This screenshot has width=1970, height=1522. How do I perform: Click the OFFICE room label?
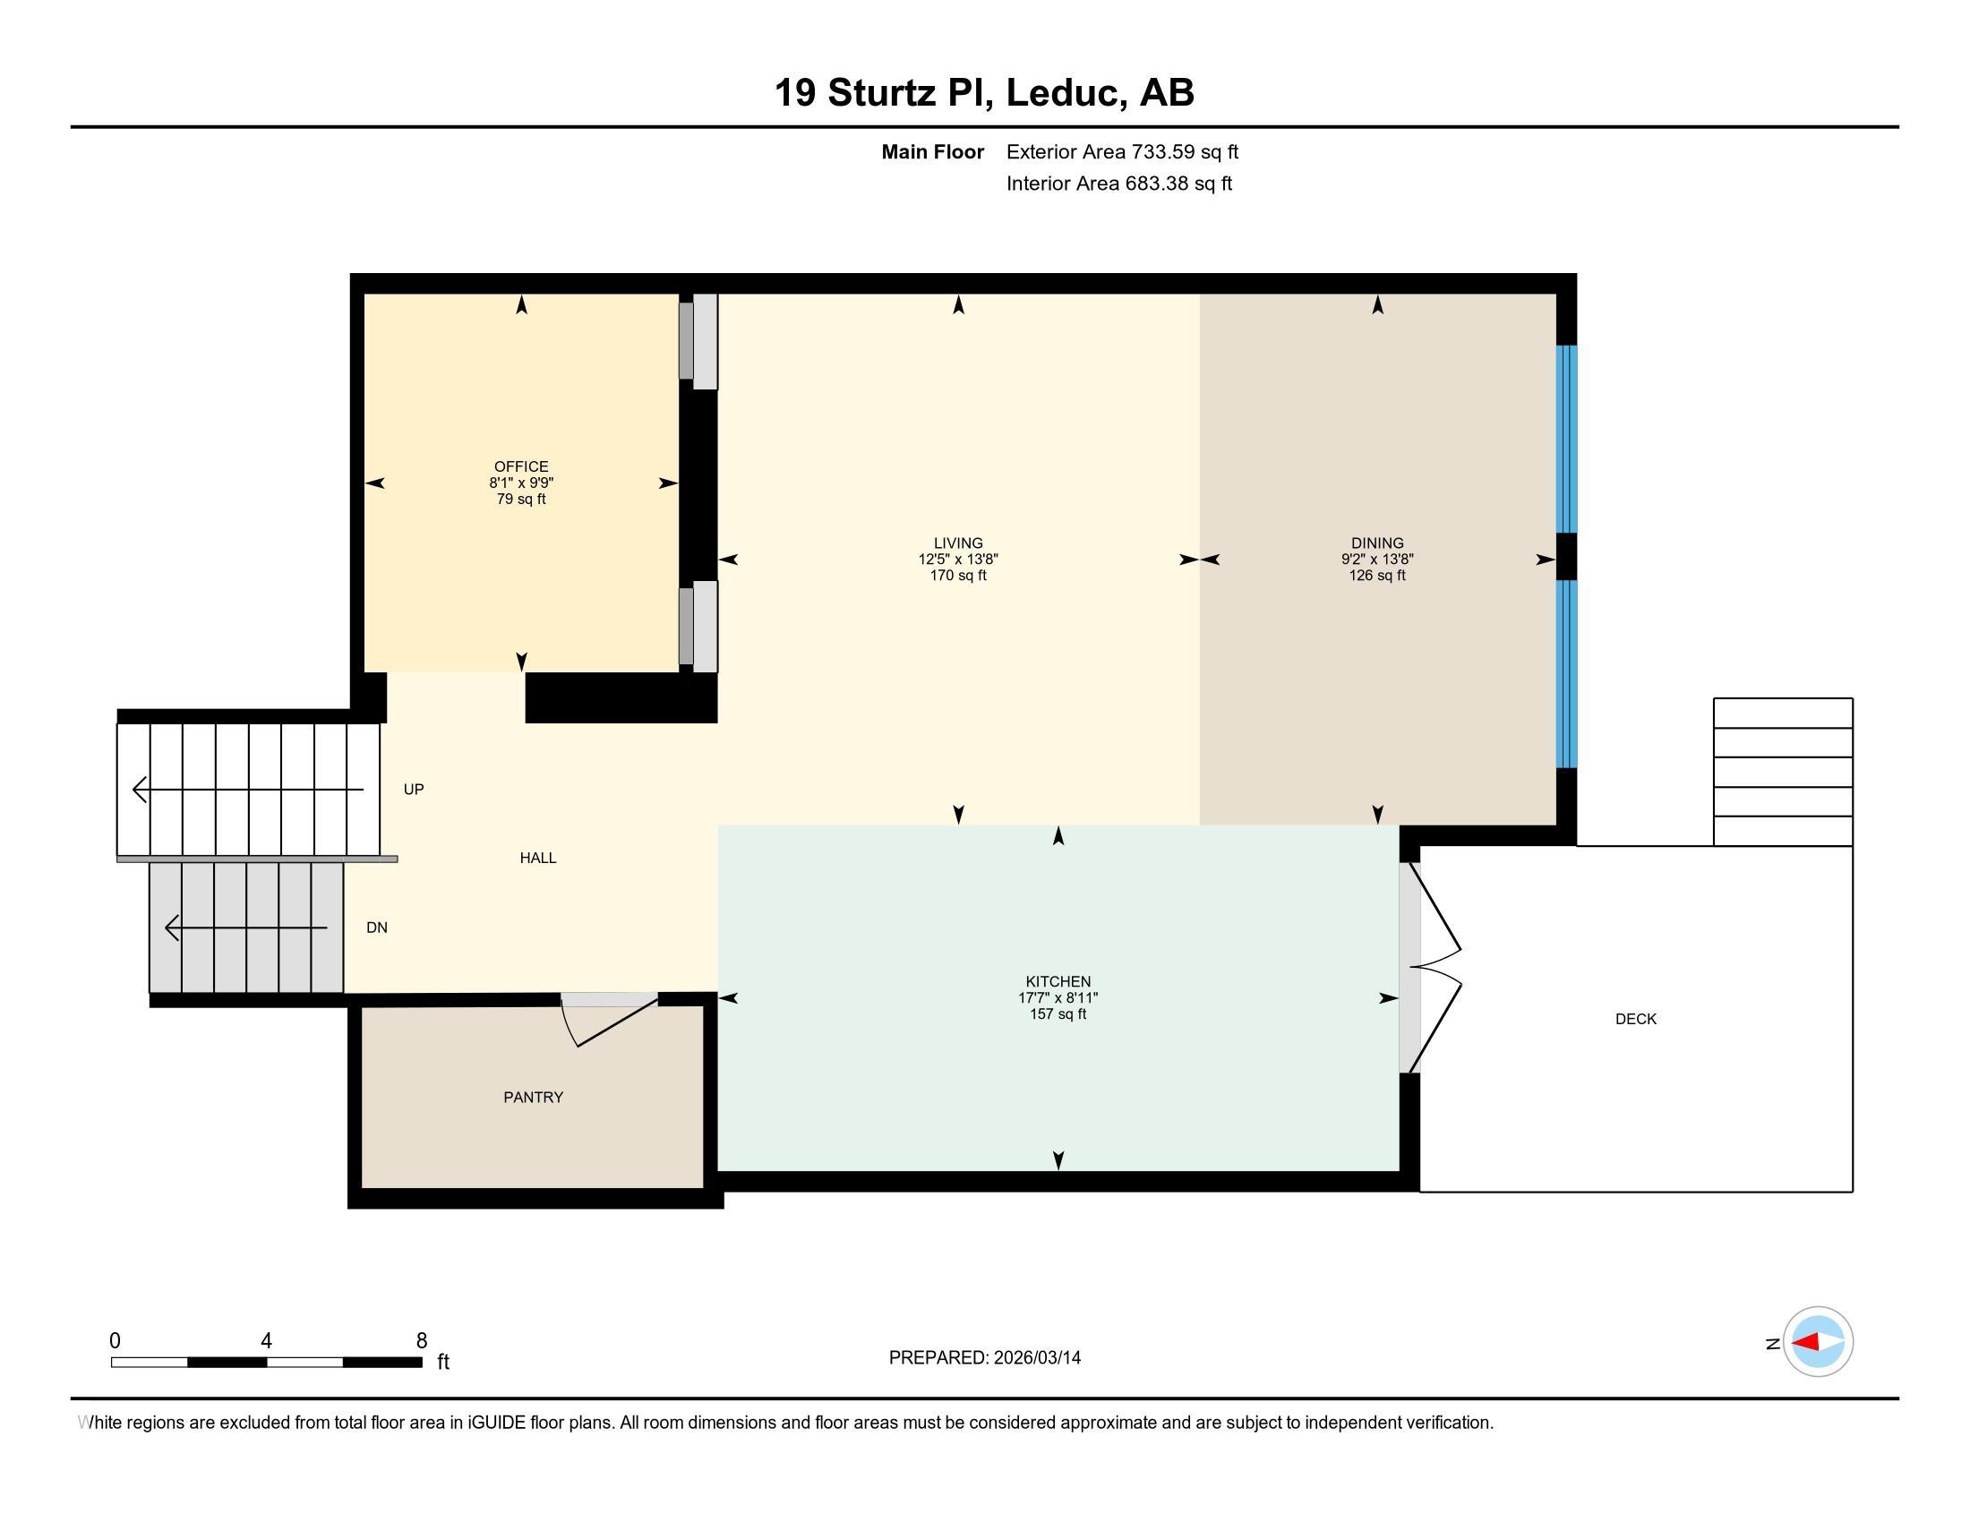pos(521,466)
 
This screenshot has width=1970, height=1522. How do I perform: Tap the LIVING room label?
pos(958,543)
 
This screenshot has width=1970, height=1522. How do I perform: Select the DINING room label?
pos(1377,543)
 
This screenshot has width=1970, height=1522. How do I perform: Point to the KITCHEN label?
pos(1058,981)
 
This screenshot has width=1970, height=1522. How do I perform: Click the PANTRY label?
pos(533,1098)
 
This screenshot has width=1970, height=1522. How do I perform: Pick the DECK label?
pos(1636,1019)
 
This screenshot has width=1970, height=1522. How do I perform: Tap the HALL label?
pos(537,858)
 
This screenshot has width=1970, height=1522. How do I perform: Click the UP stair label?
pos(413,789)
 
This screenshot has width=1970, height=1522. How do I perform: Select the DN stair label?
pos(377,927)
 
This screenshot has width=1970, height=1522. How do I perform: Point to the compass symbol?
pos(1818,1342)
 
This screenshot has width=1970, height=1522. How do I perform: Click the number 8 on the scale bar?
pos(421,1341)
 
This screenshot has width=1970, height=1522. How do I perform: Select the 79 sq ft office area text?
pos(521,499)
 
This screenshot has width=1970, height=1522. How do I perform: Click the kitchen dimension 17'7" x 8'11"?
pos(1058,997)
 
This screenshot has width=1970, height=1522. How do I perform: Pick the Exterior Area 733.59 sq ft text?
pos(1122,151)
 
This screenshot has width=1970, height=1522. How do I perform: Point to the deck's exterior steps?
pos(1783,772)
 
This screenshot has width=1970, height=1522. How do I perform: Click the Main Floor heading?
pos(933,151)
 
